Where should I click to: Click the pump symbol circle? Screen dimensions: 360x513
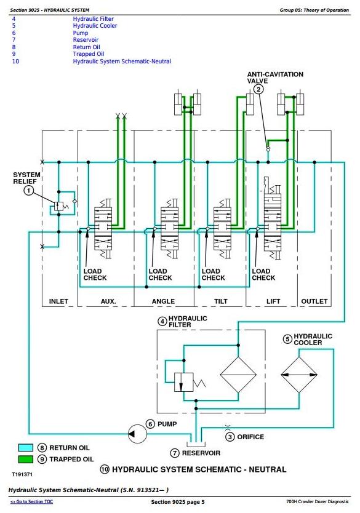[x=137, y=434]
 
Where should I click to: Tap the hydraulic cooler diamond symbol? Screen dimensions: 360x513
[x=299, y=375]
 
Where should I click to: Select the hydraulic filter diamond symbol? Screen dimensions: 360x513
[x=238, y=375]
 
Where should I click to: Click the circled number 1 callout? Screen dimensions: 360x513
[x=28, y=191]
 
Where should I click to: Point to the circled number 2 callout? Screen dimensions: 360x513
[x=258, y=89]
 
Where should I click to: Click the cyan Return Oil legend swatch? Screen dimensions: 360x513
[x=25, y=448]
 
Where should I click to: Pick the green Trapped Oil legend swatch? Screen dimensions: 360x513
[x=25, y=459]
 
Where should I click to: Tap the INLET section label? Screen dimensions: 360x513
[x=58, y=301]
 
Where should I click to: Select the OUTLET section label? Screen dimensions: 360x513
[x=314, y=301]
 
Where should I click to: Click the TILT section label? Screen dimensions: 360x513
[x=220, y=301]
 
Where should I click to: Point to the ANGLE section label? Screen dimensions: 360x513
[x=163, y=301]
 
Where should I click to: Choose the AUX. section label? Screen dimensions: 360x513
[x=108, y=301]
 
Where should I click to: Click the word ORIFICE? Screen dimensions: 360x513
[x=250, y=437]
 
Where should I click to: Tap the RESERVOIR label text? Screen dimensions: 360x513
[x=201, y=453]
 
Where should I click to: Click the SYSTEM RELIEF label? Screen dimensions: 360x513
[x=27, y=178]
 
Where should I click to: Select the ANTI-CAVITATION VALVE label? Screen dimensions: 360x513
[x=275, y=78]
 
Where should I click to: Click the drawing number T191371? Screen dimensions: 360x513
[x=22, y=474]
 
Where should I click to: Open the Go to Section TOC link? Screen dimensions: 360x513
[x=32, y=501]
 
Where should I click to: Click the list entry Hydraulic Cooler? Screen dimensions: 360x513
[x=95, y=25]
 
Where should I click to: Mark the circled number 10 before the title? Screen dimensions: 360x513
[x=105, y=469]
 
